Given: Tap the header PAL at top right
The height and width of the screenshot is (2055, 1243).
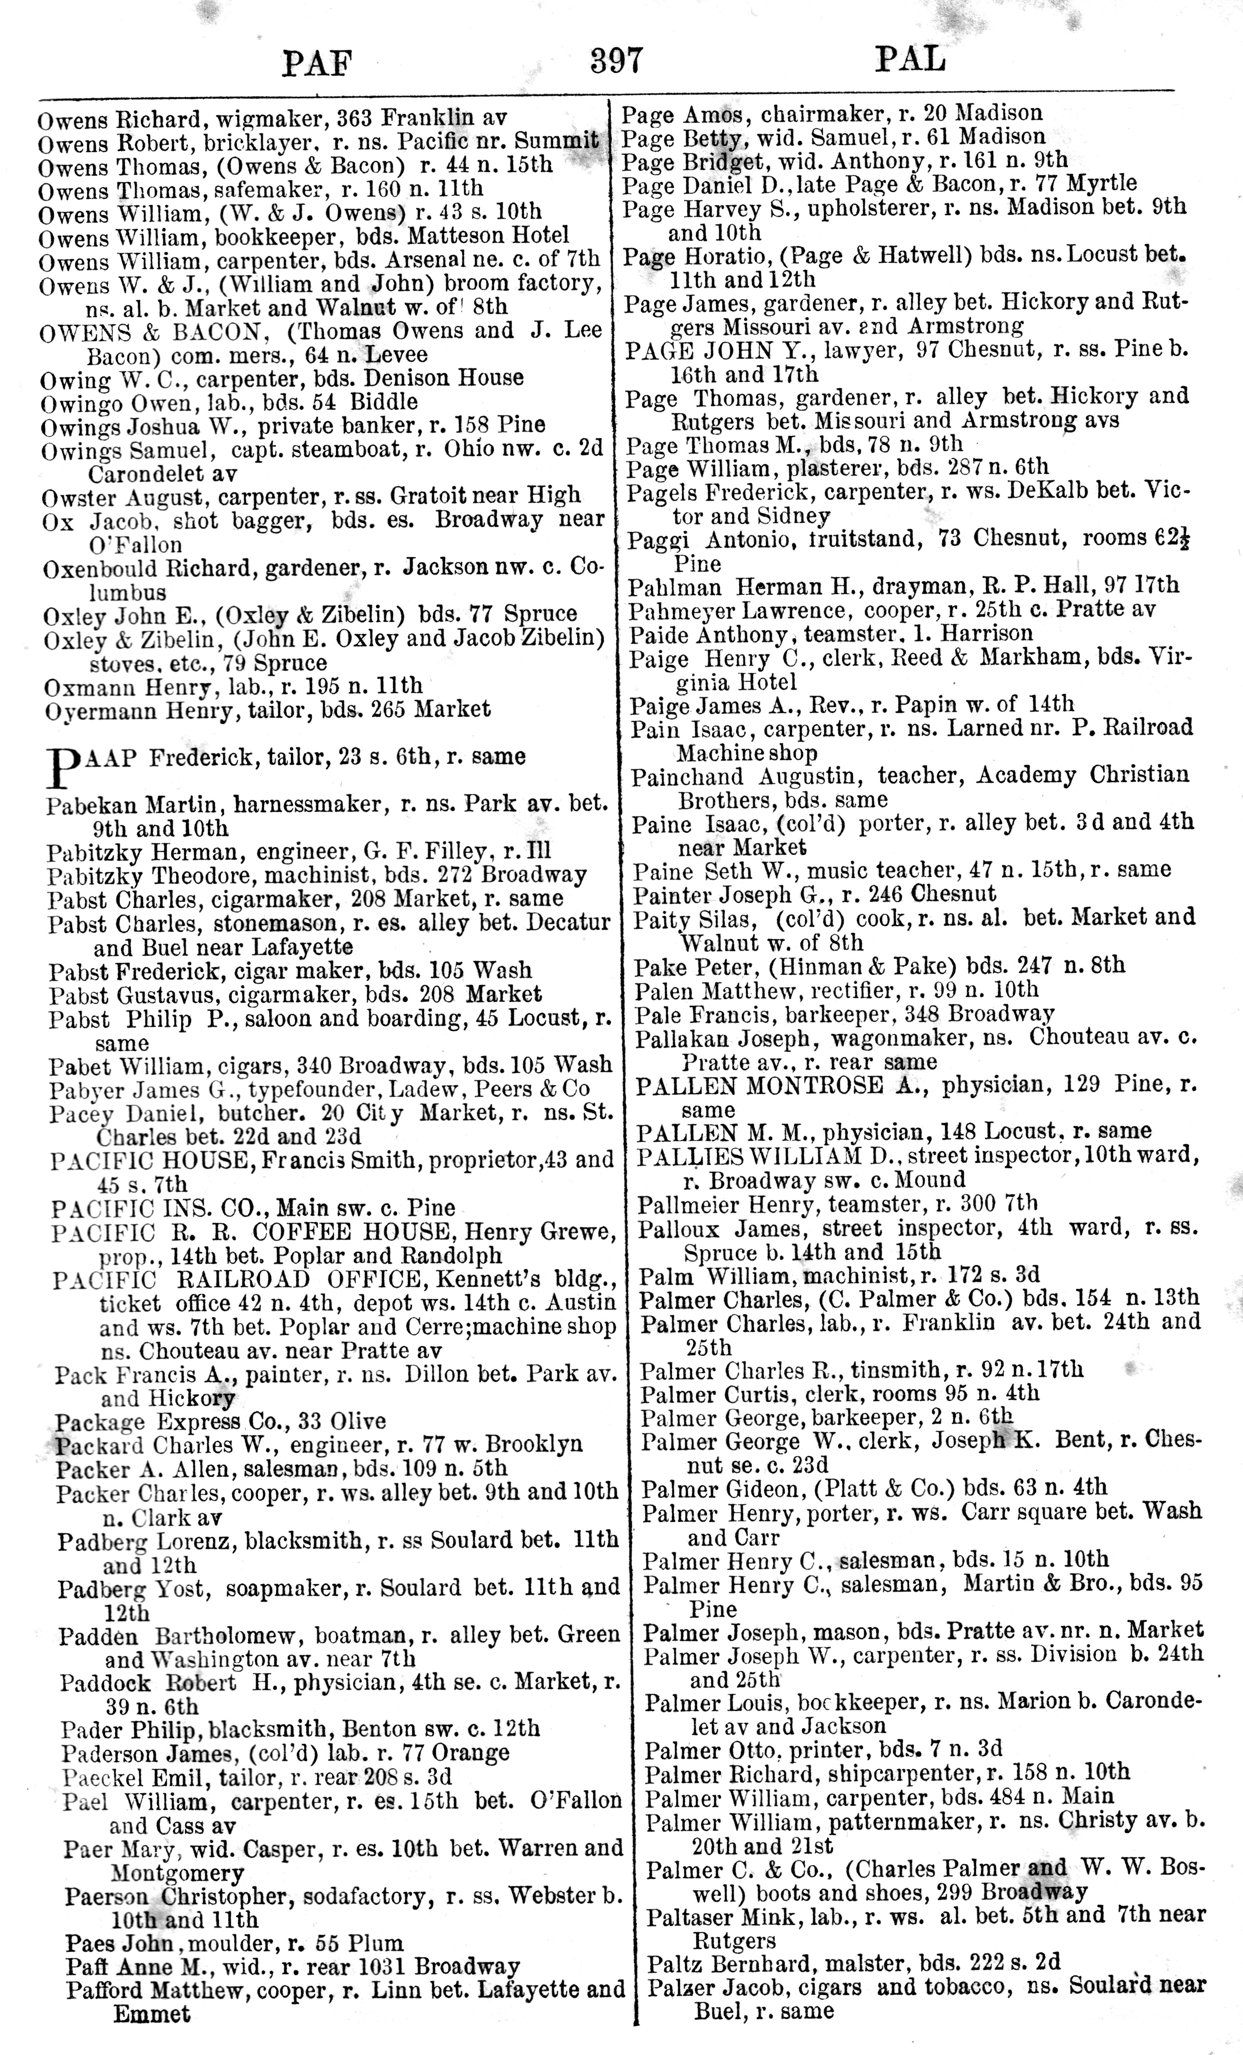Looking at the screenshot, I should point(910,59).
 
